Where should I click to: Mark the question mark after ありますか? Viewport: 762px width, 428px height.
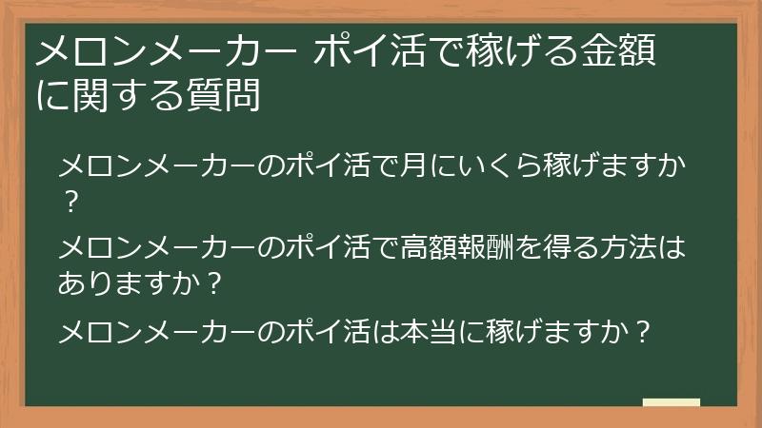point(214,282)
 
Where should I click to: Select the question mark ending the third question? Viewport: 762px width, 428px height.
point(644,333)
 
